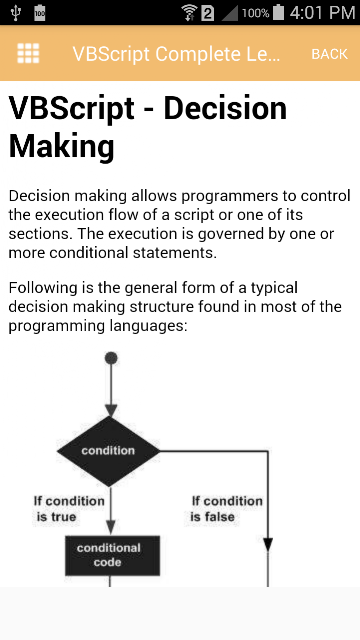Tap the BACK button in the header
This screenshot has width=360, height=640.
coord(329,54)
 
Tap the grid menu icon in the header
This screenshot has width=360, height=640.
coord(28,53)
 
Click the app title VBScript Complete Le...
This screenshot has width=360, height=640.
coord(176,54)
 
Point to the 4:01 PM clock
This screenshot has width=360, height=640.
coord(322,13)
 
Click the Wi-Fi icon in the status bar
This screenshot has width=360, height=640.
coord(190,13)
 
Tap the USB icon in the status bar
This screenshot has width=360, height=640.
coord(16,13)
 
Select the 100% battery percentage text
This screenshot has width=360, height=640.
coord(256,13)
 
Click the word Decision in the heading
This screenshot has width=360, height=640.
coord(225,108)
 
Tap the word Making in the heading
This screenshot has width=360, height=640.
coord(61,147)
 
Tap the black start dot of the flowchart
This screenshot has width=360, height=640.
coord(111,358)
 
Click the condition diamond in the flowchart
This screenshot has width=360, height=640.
coord(108,451)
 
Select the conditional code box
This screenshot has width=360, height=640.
coord(112,555)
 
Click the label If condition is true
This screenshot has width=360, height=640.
coord(69,509)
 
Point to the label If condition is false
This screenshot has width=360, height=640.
coord(227,509)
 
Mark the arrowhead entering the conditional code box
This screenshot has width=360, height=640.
coord(111,527)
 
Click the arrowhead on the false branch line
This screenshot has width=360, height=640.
coord(268,544)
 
